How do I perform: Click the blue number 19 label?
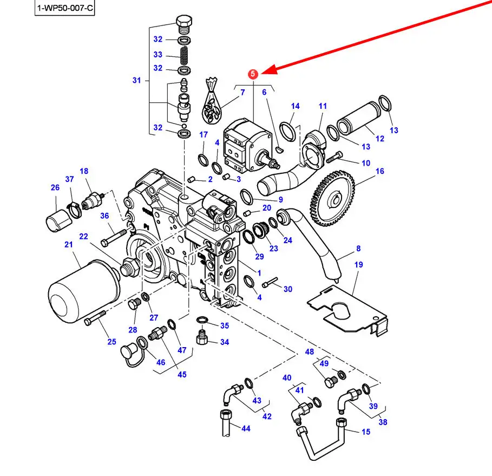coord(358,265)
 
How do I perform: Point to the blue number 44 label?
coord(246,428)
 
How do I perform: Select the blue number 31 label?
coord(136,81)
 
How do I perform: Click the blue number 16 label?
coord(379,171)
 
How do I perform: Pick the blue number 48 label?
coord(309,351)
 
